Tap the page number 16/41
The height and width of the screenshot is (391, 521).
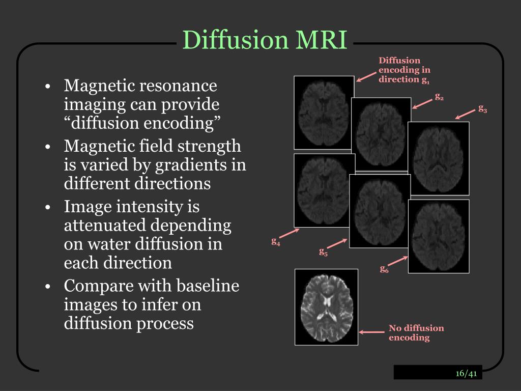coord(466,374)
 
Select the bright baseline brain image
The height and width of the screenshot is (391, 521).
coord(326,307)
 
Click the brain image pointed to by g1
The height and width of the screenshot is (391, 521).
coord(324,112)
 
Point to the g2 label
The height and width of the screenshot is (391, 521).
coord(439,96)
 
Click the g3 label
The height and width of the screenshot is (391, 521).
coord(482,108)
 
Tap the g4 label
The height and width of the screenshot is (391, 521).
coord(276,241)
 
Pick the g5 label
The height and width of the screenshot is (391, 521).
coord(323,251)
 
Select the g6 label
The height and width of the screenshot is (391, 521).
coord(384,269)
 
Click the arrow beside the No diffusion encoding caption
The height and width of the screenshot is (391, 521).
coord(372,332)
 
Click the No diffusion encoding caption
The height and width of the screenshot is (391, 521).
coord(416,332)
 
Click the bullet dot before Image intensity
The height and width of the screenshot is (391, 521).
coord(47,207)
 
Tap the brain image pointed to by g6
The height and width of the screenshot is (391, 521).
coord(439,236)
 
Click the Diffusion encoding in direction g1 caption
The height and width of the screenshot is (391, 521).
coord(404,70)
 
